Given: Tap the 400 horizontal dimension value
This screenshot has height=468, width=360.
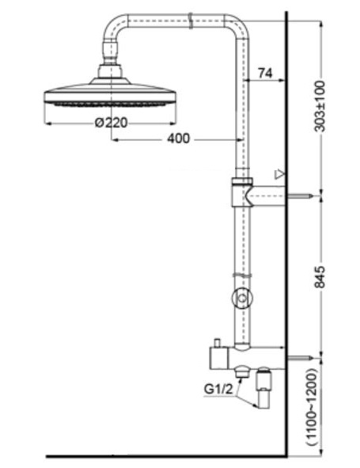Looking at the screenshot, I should pos(178,139).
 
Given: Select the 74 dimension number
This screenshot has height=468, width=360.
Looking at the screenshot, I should pos(265,74).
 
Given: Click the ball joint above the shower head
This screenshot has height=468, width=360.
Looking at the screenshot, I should pos(110,72).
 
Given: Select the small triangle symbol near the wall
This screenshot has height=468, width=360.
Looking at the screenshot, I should pos(277,173).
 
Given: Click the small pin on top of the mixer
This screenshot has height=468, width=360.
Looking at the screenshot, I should pos(215,344).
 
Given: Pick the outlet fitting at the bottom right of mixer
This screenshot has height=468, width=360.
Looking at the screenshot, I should pos(265,390).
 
